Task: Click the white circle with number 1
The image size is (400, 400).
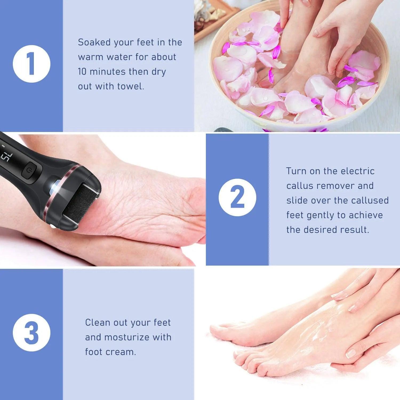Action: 31,64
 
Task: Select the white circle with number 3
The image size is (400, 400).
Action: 31,333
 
